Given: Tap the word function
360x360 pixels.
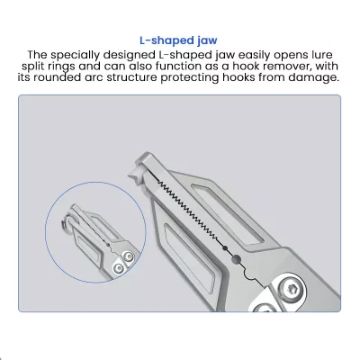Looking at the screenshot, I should point(184,67).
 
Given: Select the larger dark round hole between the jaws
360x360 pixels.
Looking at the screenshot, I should point(236,259).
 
